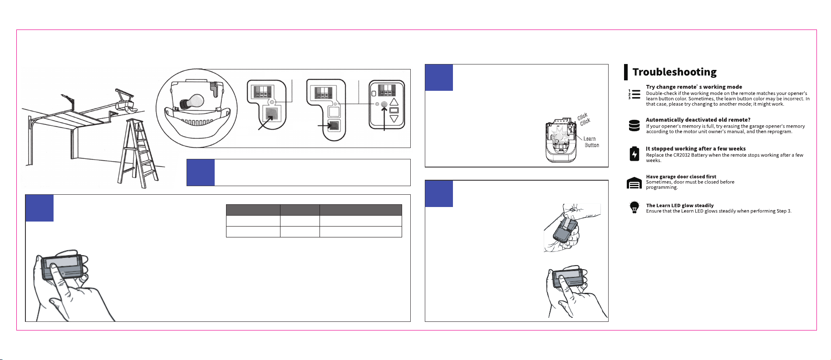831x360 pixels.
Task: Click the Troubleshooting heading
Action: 674,72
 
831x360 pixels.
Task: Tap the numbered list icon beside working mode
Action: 634,94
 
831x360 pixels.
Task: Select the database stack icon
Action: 634,126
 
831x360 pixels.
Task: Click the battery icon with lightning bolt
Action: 634,154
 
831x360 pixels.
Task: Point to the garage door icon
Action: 634,183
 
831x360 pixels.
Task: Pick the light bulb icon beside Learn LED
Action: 634,207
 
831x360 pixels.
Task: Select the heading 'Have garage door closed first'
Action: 681,177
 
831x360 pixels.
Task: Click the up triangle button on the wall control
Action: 394,102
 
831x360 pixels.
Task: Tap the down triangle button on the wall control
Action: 394,119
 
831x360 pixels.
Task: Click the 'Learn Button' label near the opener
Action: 591,142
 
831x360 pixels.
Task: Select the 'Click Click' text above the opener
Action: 584,119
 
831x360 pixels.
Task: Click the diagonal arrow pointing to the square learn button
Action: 266,123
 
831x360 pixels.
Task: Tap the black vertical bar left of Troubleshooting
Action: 626,72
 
